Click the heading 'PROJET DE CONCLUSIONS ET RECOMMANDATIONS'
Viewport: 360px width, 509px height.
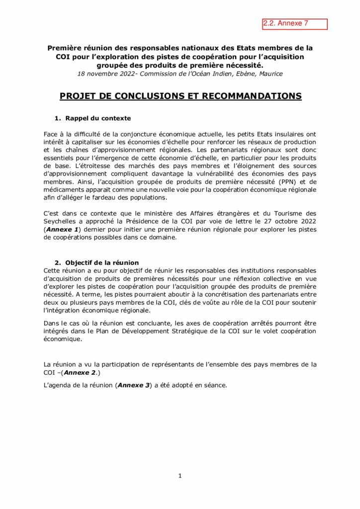coord(180,96)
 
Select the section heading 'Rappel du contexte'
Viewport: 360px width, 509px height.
coord(98,118)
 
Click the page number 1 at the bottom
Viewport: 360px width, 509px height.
coord(180,476)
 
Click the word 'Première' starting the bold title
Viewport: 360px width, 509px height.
coord(64,48)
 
